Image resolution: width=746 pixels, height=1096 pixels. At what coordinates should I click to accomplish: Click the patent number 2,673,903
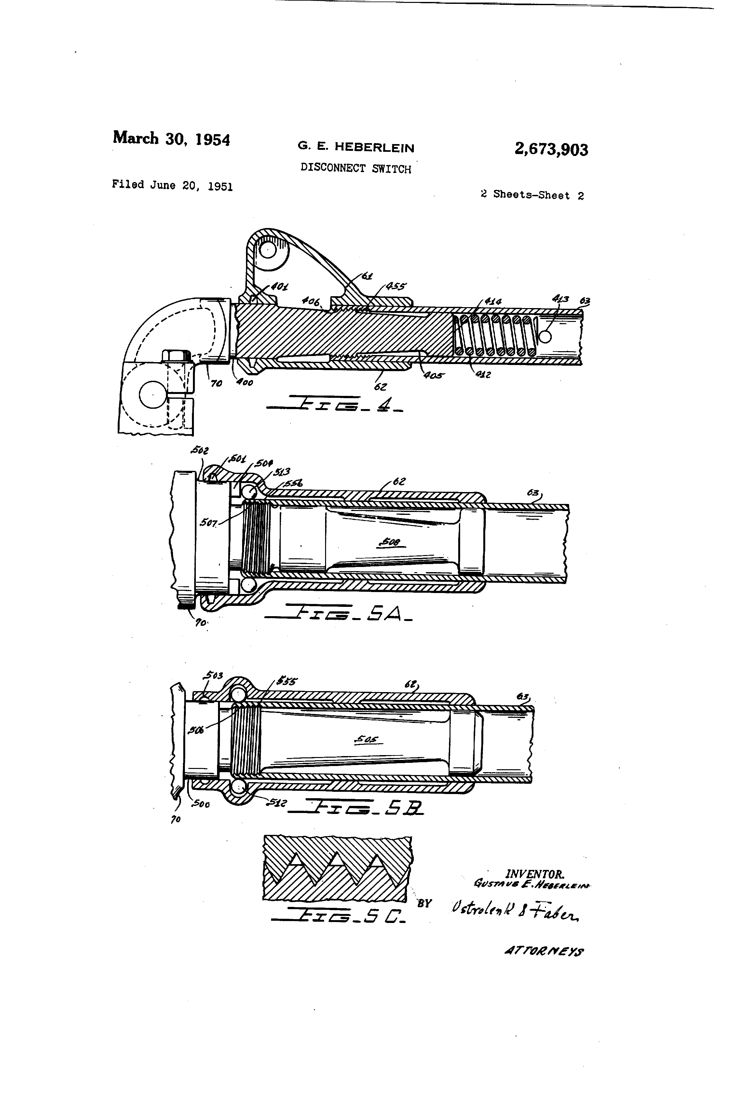(x=551, y=150)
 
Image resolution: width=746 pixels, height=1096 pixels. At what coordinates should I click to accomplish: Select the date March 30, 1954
(x=171, y=139)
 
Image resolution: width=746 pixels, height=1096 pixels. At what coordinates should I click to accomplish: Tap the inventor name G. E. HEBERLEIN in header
(x=356, y=148)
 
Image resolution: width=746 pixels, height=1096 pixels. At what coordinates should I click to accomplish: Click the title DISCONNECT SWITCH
(x=356, y=169)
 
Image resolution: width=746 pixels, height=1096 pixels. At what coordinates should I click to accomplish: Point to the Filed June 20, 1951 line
(x=172, y=185)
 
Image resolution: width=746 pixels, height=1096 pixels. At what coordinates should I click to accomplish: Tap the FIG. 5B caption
(x=356, y=808)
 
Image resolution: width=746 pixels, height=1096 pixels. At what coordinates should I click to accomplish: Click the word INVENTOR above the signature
(x=535, y=874)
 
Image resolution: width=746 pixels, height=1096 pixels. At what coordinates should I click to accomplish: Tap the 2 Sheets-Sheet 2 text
(x=532, y=195)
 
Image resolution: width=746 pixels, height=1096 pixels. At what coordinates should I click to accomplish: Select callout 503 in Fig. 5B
(x=214, y=676)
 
